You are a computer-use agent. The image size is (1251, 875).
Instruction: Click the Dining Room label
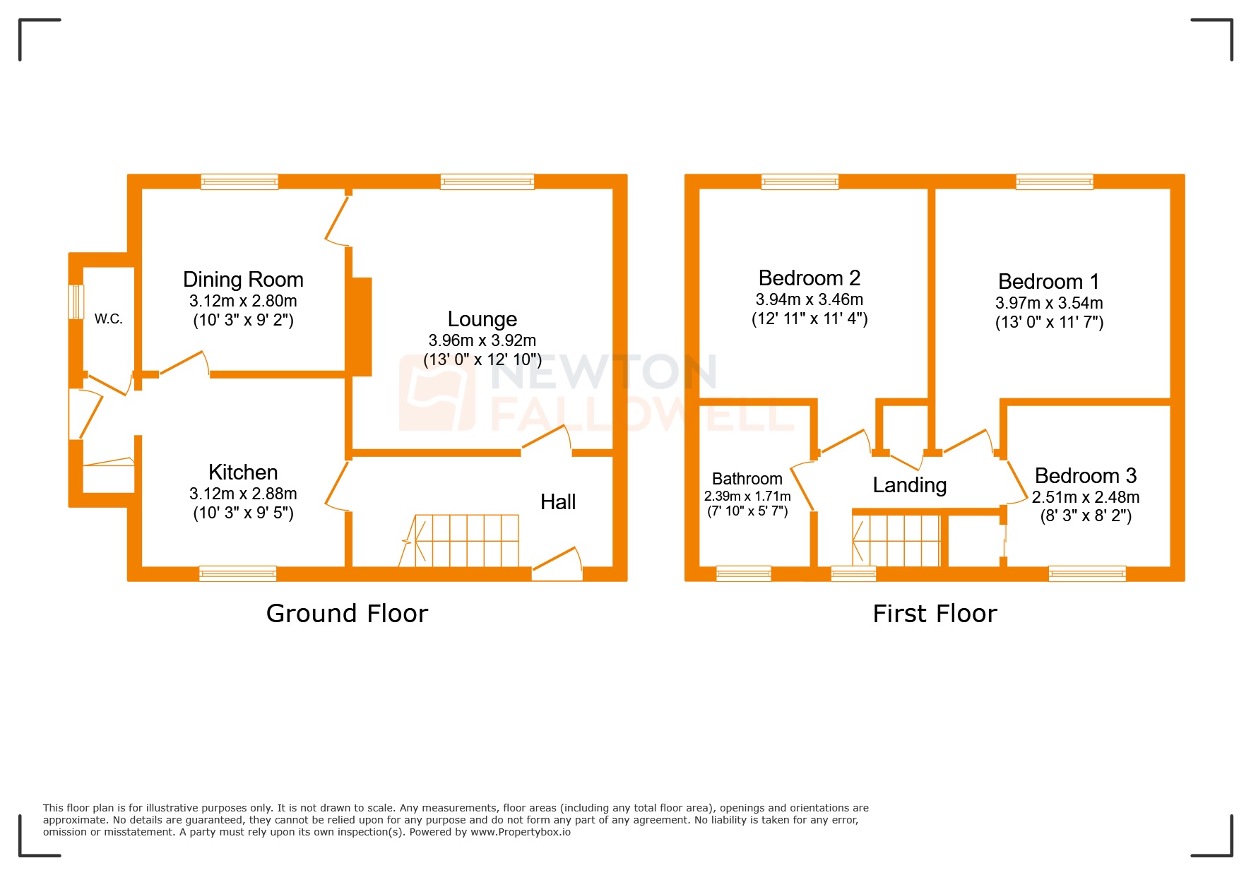[x=243, y=280]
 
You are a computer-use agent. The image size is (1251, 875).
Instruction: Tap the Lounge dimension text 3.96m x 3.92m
[x=482, y=340]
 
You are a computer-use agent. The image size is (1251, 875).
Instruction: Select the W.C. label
[x=109, y=319]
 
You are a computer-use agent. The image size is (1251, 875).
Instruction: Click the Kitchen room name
[x=243, y=472]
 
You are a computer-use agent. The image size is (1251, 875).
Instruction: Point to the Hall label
[x=558, y=502]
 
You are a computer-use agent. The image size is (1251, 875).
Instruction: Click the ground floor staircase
[x=466, y=540]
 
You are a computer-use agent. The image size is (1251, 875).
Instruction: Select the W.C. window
[x=76, y=302]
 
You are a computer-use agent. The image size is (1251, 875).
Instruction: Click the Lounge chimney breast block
[x=362, y=326]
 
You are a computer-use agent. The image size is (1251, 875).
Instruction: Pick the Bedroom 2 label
[x=810, y=278]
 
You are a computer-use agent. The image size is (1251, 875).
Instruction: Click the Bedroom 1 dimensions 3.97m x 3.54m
[x=1049, y=303]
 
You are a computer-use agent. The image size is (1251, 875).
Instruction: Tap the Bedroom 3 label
[x=1086, y=476]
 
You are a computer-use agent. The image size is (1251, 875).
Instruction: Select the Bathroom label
[x=747, y=479]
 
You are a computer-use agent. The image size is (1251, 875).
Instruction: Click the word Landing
[x=910, y=485]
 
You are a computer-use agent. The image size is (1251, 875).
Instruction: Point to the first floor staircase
[x=896, y=540]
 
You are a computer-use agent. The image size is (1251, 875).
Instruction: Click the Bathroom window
[x=744, y=573]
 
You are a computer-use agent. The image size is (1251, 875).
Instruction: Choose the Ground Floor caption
[x=347, y=614]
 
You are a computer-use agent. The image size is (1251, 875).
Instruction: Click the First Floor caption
[x=935, y=614]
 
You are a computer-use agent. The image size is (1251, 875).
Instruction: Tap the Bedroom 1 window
[x=1054, y=182]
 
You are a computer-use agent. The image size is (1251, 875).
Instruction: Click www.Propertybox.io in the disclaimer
[x=521, y=832]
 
